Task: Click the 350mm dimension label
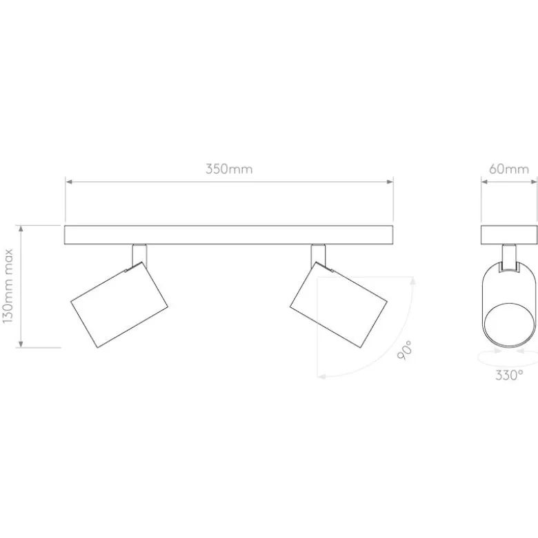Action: (229, 169)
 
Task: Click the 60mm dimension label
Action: (509, 169)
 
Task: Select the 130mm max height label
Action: (8, 286)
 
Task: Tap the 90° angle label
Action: (404, 350)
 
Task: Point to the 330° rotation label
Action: (509, 375)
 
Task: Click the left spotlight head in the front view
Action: (119, 304)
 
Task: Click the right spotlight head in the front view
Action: (339, 304)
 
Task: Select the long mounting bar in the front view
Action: (228, 235)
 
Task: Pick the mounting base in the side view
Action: (509, 235)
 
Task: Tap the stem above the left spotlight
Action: (139, 255)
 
